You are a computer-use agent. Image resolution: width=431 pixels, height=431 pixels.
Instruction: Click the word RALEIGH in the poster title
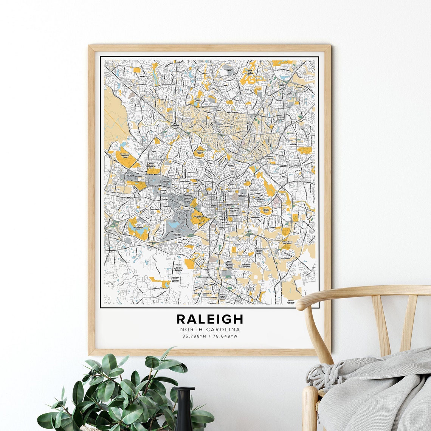pos(210,319)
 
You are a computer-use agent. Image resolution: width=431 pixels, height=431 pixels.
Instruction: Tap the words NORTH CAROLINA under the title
pos(210,329)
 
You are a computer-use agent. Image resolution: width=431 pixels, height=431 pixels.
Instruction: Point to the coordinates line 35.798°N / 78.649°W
pos(210,336)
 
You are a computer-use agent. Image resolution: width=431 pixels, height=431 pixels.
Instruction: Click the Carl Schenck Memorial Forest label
pos(125,155)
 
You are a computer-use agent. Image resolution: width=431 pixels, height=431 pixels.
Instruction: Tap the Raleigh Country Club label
pos(266,210)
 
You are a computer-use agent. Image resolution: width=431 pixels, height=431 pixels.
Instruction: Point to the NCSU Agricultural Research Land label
pos(178,270)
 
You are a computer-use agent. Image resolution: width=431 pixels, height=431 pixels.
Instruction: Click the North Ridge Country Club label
pos(250,72)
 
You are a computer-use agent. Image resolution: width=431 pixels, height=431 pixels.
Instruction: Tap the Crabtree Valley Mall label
pos(175,127)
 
